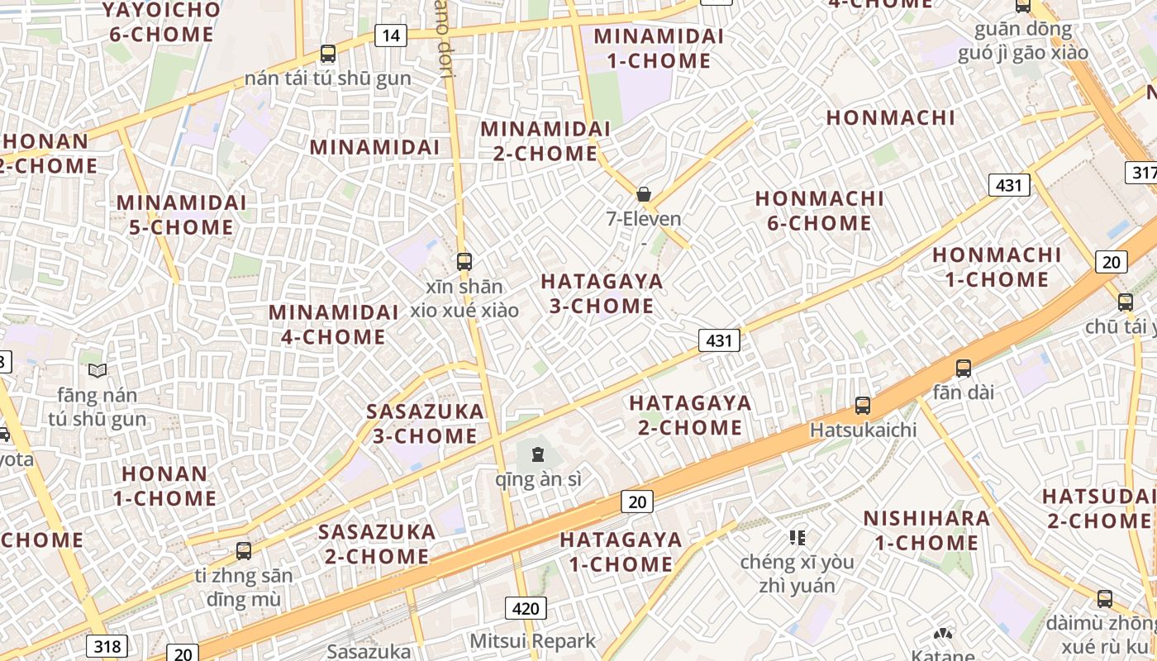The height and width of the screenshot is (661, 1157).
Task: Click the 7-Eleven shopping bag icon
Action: pos(644,194)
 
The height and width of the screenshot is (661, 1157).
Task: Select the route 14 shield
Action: pos(391,35)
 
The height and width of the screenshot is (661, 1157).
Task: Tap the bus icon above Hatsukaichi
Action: pos(863,406)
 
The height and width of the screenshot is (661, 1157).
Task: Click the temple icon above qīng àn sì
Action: pos(538,454)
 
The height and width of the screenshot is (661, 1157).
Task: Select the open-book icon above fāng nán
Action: pos(98,370)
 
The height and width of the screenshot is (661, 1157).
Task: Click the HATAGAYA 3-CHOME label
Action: pos(602,293)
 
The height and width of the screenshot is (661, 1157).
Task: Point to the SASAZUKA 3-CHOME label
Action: pos(425,423)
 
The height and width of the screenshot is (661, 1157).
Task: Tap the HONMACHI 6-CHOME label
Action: pos(813,211)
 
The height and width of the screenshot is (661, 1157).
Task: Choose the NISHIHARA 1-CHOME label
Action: pos(926,530)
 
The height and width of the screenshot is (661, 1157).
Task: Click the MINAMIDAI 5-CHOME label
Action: pos(181,215)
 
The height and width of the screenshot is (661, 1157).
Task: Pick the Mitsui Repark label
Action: pos(532,641)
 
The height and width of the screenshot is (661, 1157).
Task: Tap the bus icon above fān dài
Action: pos(964,369)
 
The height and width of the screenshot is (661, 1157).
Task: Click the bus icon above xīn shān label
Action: pos(464,262)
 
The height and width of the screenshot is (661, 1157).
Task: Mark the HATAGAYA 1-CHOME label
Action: pos(621,552)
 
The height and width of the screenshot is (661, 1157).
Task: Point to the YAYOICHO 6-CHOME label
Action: pos(161,22)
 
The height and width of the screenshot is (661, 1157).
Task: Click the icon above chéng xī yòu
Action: pos(798,538)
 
